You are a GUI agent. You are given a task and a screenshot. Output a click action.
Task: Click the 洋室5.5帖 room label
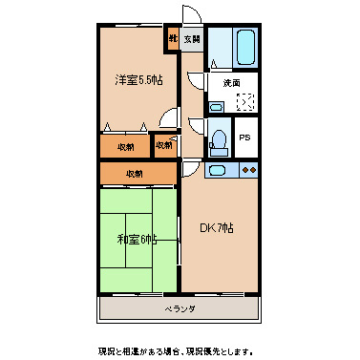click(138, 80)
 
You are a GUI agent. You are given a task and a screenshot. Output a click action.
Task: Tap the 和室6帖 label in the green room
click(138, 238)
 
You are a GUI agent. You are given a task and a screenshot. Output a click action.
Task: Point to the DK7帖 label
click(217, 228)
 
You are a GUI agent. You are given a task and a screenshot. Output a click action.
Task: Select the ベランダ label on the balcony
click(179, 308)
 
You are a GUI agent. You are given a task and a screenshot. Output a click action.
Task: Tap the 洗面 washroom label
click(232, 84)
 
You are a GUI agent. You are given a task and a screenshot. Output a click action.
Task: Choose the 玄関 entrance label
click(191, 39)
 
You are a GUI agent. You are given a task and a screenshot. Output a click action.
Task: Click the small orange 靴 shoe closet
click(173, 39)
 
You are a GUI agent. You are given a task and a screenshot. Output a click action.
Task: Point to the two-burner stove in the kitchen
click(250, 171)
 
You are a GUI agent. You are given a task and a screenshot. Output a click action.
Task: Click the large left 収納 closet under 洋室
click(124, 146)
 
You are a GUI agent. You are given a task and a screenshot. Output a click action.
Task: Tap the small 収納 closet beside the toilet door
click(164, 146)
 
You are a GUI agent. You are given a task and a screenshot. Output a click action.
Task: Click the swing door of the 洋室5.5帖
click(171, 119)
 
